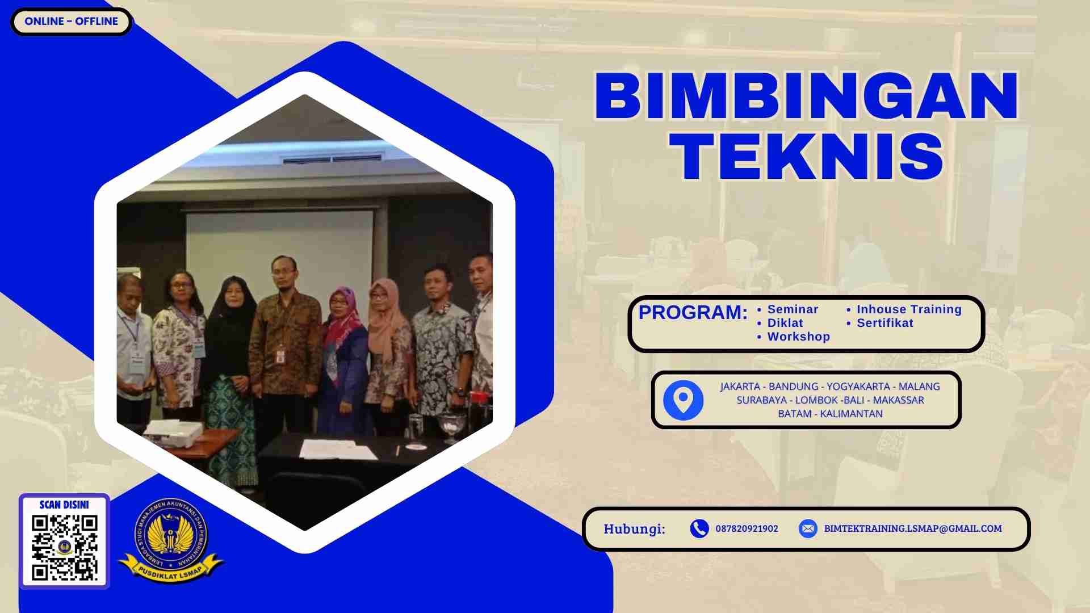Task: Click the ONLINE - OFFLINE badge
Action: (x=71, y=22)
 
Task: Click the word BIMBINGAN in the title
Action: (x=806, y=96)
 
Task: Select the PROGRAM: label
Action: (x=693, y=312)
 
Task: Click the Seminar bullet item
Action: (x=793, y=309)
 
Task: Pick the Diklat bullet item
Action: (x=785, y=323)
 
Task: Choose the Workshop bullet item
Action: (x=798, y=337)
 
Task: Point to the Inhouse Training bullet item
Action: (x=909, y=309)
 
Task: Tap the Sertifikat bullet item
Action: (x=884, y=323)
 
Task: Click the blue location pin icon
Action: (x=683, y=400)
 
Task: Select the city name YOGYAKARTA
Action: (x=858, y=387)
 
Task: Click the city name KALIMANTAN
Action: (x=851, y=414)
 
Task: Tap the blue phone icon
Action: (x=699, y=528)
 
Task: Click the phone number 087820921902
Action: (x=747, y=528)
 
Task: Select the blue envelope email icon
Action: (x=807, y=528)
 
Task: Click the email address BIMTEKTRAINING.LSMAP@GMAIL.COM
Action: (x=912, y=528)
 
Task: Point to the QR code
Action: (x=65, y=547)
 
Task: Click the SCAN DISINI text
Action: (x=64, y=505)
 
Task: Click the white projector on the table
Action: (x=173, y=433)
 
